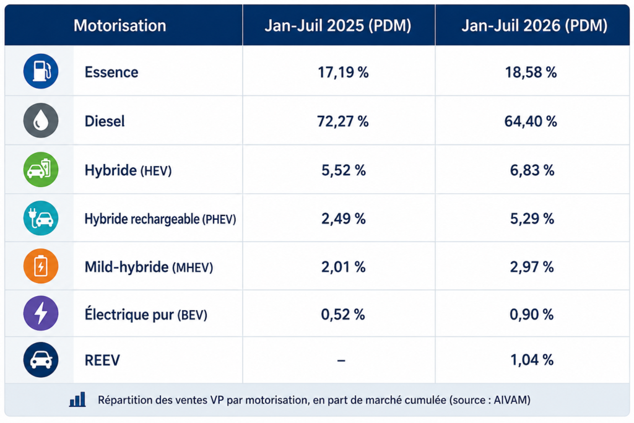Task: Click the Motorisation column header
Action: click(119, 25)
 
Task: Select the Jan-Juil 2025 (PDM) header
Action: click(337, 25)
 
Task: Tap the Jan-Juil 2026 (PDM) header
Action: click(534, 25)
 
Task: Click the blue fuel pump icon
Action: click(41, 71)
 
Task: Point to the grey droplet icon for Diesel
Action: click(41, 120)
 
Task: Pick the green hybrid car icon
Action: click(41, 170)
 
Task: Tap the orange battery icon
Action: click(41, 266)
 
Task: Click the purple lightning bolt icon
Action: click(41, 313)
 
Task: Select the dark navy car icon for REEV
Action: click(41, 360)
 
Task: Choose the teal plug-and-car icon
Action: click(41, 219)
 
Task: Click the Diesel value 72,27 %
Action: click(343, 121)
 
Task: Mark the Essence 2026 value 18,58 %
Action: click(531, 72)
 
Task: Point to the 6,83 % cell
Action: click(532, 170)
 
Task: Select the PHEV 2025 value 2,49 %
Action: click(343, 219)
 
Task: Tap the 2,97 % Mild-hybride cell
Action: click(532, 267)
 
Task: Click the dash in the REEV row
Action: click(341, 360)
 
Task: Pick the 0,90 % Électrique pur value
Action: click(531, 315)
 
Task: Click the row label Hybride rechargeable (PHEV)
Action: click(160, 219)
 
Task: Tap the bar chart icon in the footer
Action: click(77, 399)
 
